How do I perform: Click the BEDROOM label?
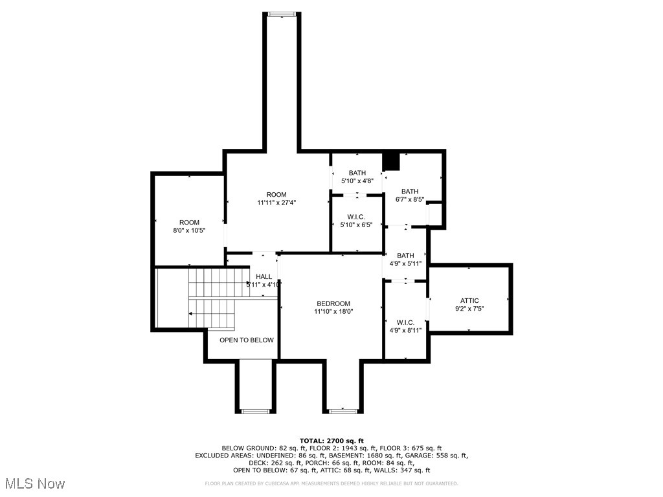coord(333,304)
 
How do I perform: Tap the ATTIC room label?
coord(469,300)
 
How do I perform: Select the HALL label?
coord(264,276)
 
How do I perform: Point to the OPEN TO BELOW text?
coord(246,340)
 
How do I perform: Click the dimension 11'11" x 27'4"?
coord(276,203)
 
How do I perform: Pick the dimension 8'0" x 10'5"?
coord(189,230)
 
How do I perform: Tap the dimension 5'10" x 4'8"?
coord(357,181)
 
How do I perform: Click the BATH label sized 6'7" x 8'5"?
coord(410,191)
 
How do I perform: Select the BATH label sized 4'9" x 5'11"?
coord(405,256)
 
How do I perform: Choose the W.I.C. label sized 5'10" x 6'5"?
coord(357,217)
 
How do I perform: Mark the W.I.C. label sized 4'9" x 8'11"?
coord(405,322)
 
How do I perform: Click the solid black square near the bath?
coord(391,161)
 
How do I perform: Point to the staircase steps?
coord(214,298)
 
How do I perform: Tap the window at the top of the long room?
coord(282,14)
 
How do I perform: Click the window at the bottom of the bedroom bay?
coord(341,410)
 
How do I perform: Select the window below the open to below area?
coord(255,410)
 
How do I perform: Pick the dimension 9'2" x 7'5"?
coord(469,309)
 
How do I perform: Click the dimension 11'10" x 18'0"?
coord(333,311)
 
